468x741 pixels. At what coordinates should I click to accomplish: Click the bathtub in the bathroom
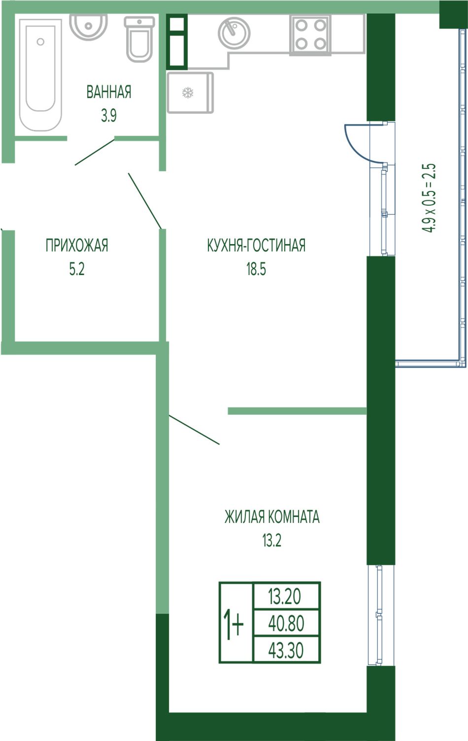pos(40,75)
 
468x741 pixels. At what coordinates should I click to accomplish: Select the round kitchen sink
pos(234,33)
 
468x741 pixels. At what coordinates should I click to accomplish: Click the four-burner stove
pos(310,35)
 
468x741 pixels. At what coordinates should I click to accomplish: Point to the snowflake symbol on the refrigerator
pos(188,93)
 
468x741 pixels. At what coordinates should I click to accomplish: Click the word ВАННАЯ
pos(109,92)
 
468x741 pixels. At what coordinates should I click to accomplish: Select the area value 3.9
pos(109,116)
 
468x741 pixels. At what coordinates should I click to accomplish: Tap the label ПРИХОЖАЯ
pos(77,246)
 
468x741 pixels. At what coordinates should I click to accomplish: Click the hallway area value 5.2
pos(77,269)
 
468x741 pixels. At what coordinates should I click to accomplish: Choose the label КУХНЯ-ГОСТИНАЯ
pos(256,246)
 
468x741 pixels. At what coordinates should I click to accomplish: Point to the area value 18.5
pos(256,269)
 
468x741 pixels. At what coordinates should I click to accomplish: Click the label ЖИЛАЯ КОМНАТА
pos(272,526)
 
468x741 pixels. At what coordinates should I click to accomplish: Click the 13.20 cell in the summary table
pos(286,596)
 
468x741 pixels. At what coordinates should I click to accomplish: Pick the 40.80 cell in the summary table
pos(286,623)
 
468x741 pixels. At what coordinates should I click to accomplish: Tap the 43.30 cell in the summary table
pos(286,650)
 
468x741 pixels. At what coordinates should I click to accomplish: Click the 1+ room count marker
pos(234,623)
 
